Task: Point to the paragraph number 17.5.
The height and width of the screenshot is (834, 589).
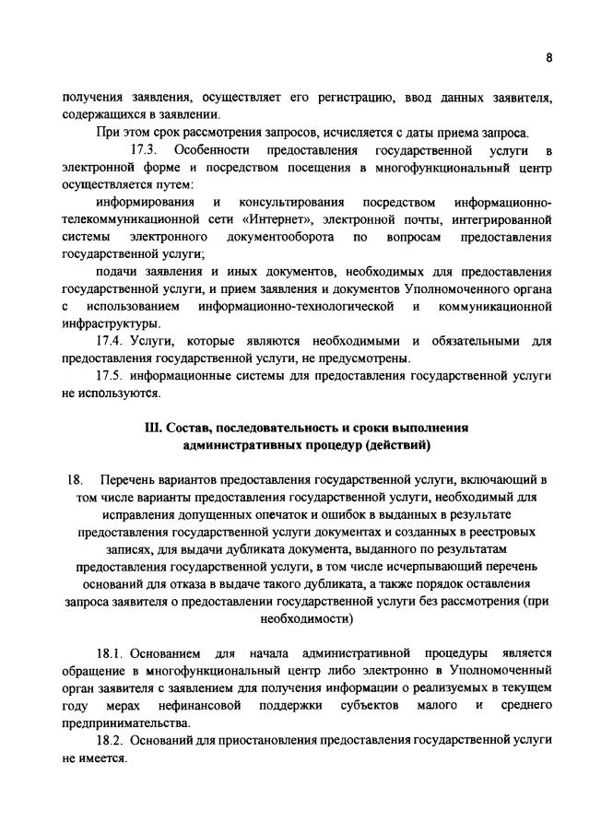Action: point(112,377)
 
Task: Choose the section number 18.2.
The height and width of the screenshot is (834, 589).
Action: point(112,740)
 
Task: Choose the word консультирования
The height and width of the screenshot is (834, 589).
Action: point(291,202)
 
